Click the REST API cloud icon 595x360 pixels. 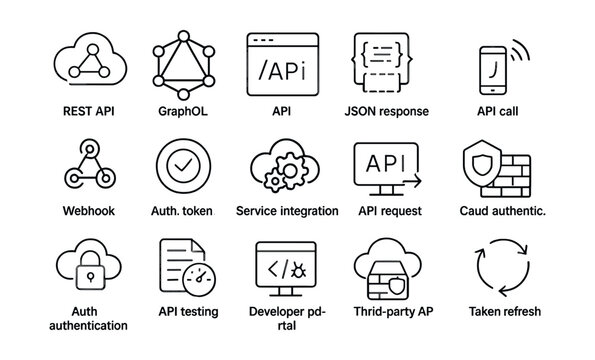[x=91, y=63]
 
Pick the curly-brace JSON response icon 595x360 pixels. [x=383, y=63]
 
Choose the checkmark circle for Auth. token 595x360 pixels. [x=182, y=166]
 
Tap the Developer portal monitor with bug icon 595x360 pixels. [x=285, y=268]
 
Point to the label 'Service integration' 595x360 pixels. [x=287, y=211]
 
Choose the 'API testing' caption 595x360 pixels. [x=188, y=311]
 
